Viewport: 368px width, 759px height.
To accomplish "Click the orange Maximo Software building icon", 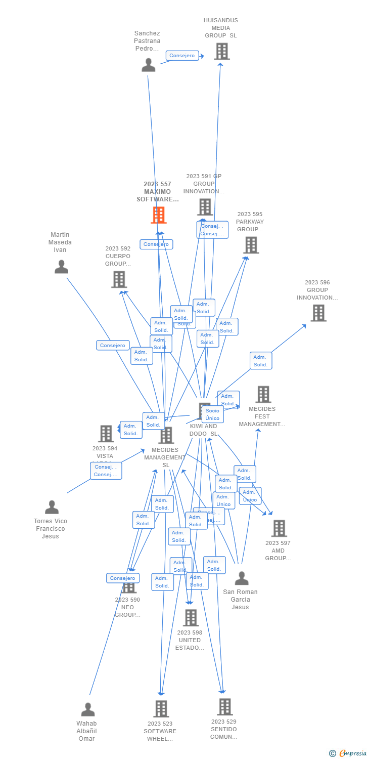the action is coord(159,215).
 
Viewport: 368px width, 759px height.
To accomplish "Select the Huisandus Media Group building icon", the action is coord(221,51).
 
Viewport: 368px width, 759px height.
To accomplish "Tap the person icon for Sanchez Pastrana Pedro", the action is coord(148,65).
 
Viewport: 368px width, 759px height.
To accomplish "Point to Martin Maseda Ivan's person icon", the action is coord(61,267).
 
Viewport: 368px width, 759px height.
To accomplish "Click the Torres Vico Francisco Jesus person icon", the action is coord(52,507).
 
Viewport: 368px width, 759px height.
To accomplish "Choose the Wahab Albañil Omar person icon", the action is coord(88,709).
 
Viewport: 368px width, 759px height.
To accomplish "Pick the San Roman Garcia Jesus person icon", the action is coord(242,578).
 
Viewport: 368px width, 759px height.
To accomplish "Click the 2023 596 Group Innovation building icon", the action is coord(318,313).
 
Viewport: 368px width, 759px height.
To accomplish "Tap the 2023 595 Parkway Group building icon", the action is coord(251,245).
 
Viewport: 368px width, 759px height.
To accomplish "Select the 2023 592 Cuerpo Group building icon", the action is coord(119,279).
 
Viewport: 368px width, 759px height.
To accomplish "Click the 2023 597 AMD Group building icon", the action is coord(279,528).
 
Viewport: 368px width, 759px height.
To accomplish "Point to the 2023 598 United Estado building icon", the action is coord(191,618).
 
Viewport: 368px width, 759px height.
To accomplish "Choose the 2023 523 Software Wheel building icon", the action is coord(161,709).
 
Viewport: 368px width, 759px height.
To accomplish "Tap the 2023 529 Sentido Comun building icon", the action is coord(224,707).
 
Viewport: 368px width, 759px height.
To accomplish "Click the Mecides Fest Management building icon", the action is coord(263,394).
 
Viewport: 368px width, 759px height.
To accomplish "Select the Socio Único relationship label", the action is coord(212,414).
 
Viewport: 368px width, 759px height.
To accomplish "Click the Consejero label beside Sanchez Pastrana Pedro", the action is coord(182,56).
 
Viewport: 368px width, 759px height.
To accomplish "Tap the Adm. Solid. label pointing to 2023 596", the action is coord(260,361).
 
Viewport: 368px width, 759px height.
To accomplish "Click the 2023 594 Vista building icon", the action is coord(106,434).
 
